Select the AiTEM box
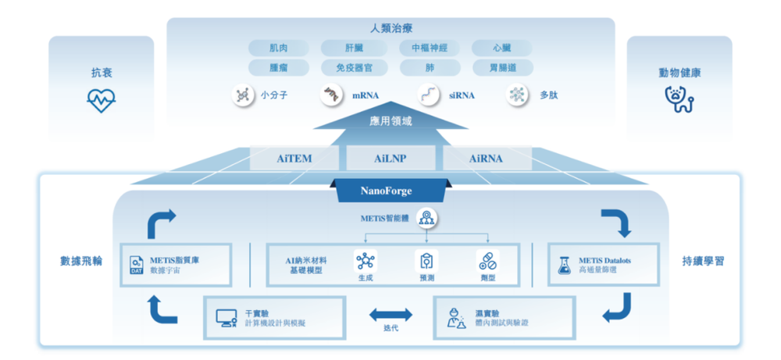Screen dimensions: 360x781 (x=294, y=159)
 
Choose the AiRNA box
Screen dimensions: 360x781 (x=487, y=159)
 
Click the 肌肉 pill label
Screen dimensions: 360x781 (x=279, y=48)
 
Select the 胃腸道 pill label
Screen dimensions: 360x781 (x=502, y=68)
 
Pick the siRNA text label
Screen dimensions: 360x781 (x=461, y=96)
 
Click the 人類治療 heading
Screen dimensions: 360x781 (x=390, y=29)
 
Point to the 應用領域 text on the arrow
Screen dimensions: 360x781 (x=390, y=121)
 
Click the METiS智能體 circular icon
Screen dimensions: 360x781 (x=425, y=217)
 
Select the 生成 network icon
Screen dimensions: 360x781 (x=366, y=260)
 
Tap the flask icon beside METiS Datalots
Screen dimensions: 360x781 (x=564, y=265)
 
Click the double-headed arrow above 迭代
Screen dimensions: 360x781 (x=391, y=314)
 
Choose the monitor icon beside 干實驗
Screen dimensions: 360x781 (x=227, y=318)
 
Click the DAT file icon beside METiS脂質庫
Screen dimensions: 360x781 (x=135, y=266)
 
